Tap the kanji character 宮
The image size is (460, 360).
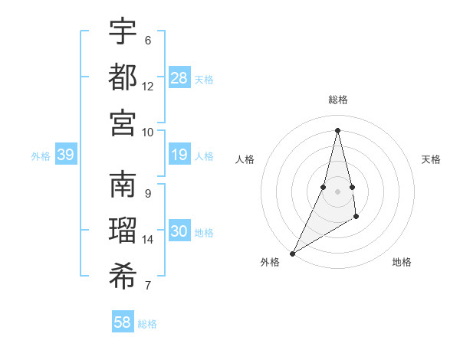click(123, 122)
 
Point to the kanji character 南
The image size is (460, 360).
click(123, 185)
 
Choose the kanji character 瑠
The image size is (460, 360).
click(123, 231)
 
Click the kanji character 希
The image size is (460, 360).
click(123, 277)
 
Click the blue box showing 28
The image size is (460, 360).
click(179, 77)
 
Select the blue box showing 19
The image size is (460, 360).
click(179, 155)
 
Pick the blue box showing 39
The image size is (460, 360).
click(65, 155)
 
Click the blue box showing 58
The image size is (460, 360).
click(123, 322)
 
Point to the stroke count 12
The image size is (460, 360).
click(148, 86)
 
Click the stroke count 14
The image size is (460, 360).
click(148, 240)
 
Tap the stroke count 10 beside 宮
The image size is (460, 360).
click(148, 132)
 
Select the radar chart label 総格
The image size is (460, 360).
click(337, 100)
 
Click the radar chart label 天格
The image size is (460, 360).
click(431, 159)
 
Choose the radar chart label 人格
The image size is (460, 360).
click(245, 159)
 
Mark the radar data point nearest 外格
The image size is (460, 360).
click(292, 253)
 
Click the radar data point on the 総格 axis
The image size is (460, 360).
click(337, 129)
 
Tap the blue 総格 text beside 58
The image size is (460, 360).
click(148, 324)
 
